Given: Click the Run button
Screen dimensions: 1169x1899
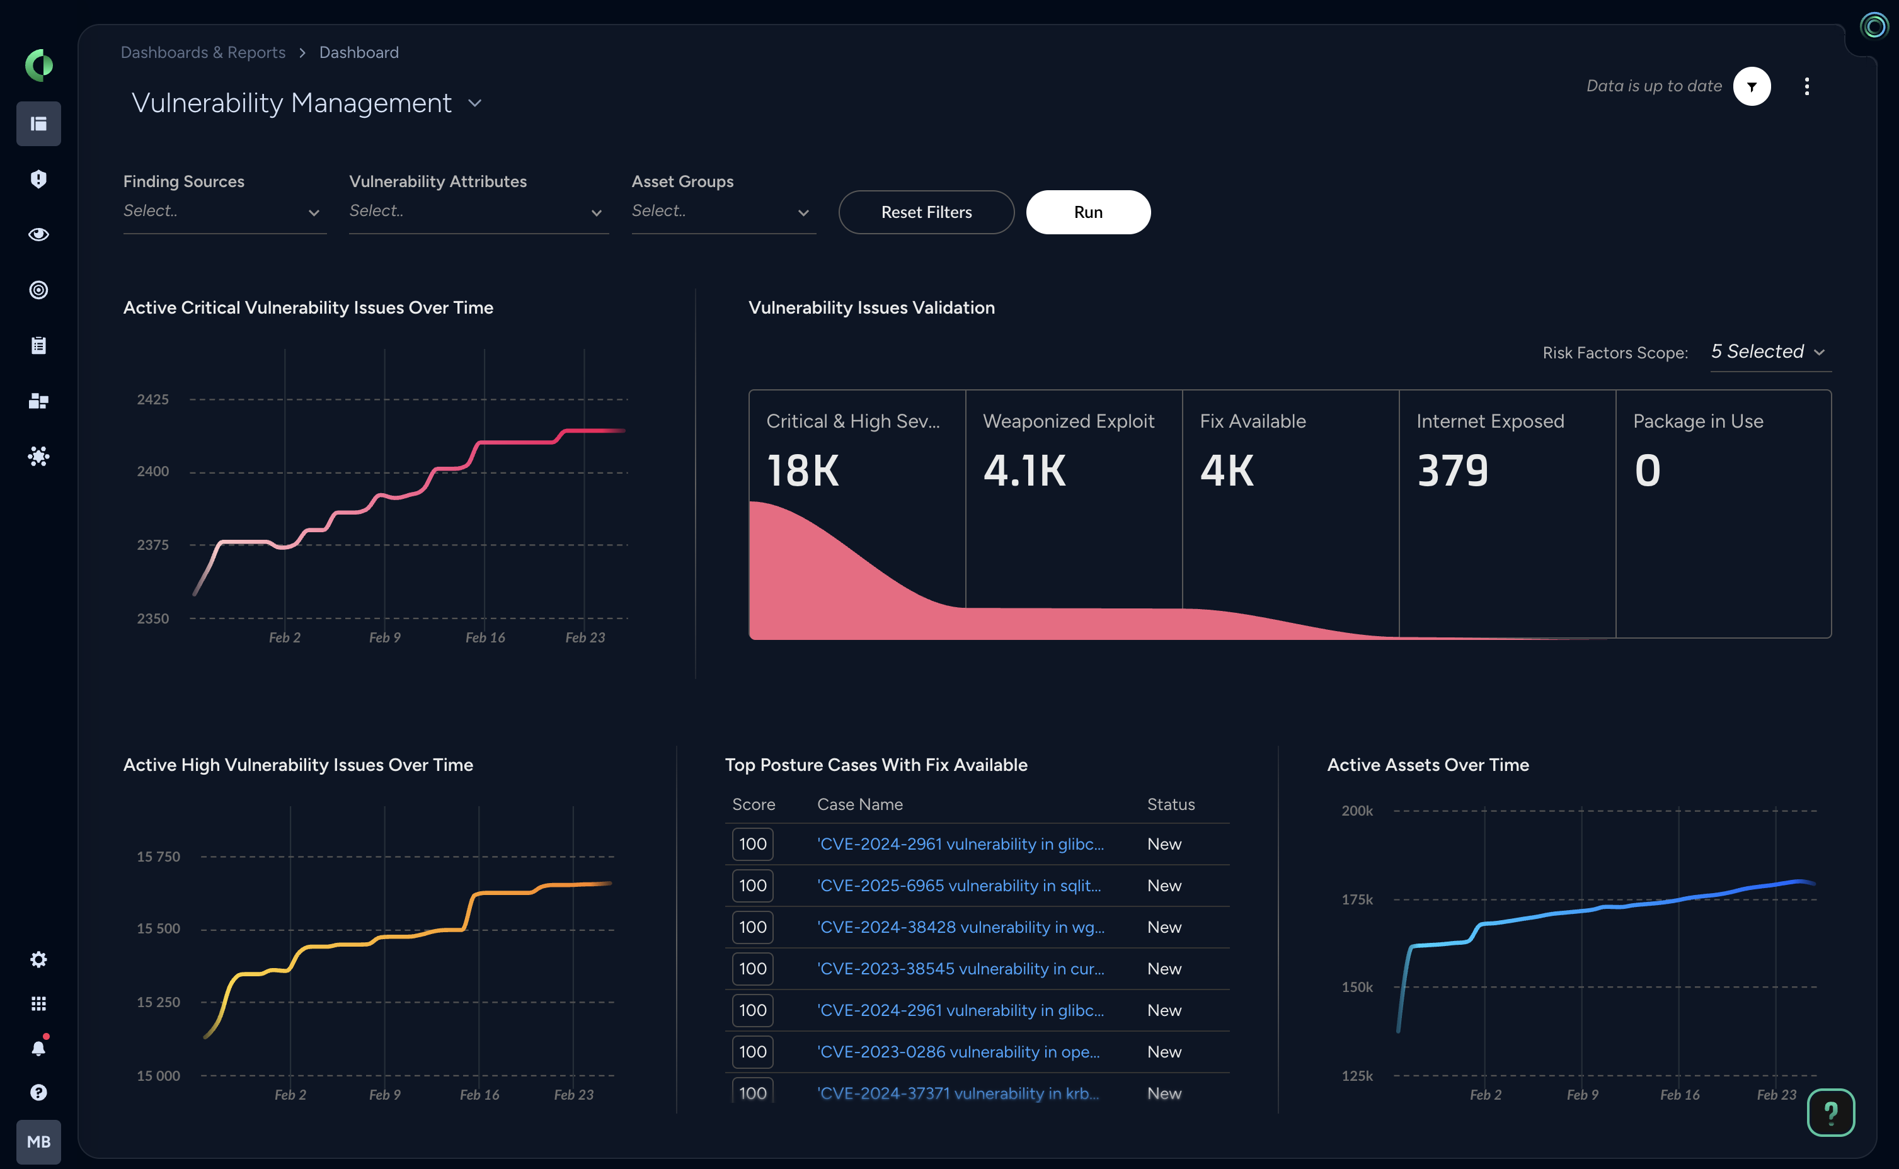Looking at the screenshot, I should pyautogui.click(x=1088, y=212).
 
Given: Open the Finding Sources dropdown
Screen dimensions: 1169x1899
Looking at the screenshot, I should pyautogui.click(x=224, y=211).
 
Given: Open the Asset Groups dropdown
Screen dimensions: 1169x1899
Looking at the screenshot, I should pyautogui.click(x=723, y=211).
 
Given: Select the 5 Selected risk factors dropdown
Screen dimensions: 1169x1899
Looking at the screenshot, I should pyautogui.click(x=1769, y=352).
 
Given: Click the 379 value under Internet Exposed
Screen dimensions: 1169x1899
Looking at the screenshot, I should pyautogui.click(x=1452, y=471).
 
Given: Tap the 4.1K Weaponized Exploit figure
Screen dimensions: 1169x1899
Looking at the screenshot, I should pyautogui.click(x=1024, y=471).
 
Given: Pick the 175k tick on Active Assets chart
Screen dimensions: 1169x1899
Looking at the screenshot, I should pyautogui.click(x=1357, y=899).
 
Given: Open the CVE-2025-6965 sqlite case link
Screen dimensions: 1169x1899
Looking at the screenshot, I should pyautogui.click(x=959, y=886).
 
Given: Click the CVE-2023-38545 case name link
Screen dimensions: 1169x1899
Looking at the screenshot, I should pyautogui.click(x=960, y=969).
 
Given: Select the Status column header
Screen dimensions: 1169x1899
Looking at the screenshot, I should pyautogui.click(x=1171, y=804).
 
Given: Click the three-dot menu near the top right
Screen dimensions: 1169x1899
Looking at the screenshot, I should pyautogui.click(x=1806, y=86).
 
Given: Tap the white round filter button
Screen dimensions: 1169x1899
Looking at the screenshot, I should pyautogui.click(x=1752, y=86).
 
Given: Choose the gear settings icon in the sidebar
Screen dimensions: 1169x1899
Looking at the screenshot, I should pyautogui.click(x=38, y=959).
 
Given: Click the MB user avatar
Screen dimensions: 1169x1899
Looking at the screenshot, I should pyautogui.click(x=38, y=1142).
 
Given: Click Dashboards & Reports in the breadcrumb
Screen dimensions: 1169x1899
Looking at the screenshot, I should pyautogui.click(x=203, y=52).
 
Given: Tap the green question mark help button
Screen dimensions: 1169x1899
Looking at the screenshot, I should pyautogui.click(x=1830, y=1112).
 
